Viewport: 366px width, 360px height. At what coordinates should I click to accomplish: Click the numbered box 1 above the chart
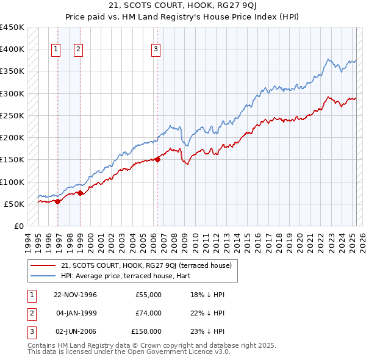click(x=56, y=49)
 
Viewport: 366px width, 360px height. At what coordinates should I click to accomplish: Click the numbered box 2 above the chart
click(x=79, y=49)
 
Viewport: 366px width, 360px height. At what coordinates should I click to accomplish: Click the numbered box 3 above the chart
click(x=156, y=49)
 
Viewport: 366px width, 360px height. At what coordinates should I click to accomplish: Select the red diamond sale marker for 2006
click(x=157, y=160)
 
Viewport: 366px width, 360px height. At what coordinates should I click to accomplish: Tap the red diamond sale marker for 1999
click(x=80, y=193)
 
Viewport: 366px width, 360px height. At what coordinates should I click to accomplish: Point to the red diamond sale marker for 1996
click(x=58, y=201)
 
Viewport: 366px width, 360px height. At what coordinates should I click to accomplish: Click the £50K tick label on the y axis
click(x=13, y=204)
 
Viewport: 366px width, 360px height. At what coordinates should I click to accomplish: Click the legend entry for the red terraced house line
click(x=146, y=265)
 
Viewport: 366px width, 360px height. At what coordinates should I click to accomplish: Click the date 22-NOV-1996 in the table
click(x=75, y=295)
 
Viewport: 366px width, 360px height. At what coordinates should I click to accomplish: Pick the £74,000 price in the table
click(x=149, y=313)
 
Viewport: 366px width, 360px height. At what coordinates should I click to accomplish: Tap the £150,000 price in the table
click(x=146, y=331)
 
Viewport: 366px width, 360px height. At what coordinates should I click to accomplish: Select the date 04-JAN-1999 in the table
click(x=76, y=313)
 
